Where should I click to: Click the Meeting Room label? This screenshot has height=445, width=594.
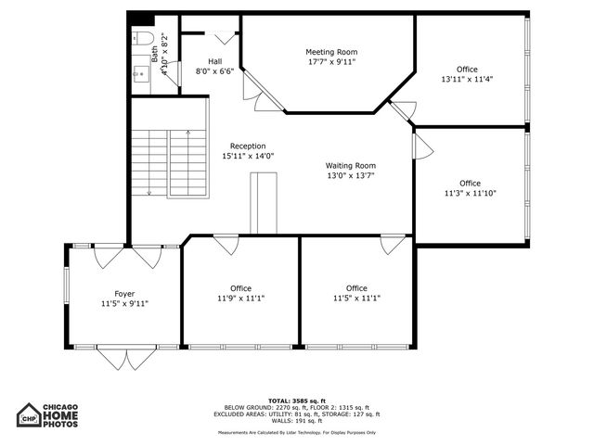pos(331,52)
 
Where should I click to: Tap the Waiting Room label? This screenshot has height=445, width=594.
pos(350,166)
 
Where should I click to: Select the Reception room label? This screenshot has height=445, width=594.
pos(248,146)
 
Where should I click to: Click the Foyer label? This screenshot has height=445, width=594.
pos(124,293)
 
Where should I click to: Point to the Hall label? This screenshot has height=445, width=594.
pos(214,61)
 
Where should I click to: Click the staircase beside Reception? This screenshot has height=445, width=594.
pos(168,161)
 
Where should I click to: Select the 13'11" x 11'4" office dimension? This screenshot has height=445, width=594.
pos(467,80)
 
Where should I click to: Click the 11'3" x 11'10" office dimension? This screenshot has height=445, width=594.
pos(470,193)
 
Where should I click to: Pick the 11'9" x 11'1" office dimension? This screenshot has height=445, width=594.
pos(240,299)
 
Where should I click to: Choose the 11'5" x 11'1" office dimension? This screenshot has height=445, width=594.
pos(356,299)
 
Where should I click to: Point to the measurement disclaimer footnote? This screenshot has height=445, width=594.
pos(296,432)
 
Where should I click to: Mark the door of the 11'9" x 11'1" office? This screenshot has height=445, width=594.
pos(226,245)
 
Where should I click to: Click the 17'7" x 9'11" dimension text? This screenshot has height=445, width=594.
pos(331,62)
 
